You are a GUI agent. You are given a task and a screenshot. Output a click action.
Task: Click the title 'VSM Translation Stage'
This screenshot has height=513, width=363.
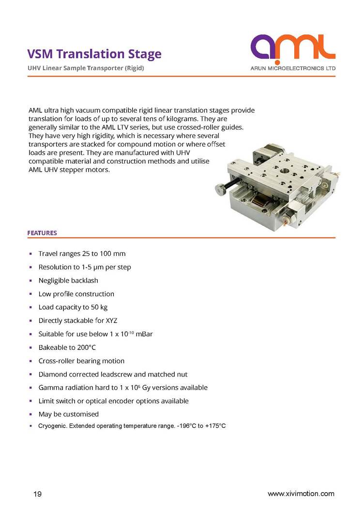(94, 54)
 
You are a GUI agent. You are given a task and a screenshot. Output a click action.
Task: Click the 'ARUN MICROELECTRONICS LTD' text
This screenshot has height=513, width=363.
(293, 69)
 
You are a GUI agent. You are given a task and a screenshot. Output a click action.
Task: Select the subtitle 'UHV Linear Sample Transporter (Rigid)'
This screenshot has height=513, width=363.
(86, 68)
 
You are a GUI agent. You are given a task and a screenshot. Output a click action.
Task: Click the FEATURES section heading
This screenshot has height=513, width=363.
(42, 233)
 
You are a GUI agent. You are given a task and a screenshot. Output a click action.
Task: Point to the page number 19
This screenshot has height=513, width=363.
(37, 494)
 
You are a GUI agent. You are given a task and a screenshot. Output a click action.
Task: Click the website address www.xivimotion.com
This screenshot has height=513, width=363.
(301, 494)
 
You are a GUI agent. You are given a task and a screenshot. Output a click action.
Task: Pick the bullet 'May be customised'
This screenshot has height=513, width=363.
(68, 414)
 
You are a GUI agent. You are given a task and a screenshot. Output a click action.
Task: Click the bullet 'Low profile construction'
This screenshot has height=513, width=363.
(76, 294)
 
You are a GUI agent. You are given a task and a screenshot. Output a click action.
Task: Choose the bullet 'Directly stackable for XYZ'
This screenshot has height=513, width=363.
(77, 320)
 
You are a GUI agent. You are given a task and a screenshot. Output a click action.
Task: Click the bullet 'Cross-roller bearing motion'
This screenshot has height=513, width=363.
(81, 361)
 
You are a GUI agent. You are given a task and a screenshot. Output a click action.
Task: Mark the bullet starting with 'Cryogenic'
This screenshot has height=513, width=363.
(132, 426)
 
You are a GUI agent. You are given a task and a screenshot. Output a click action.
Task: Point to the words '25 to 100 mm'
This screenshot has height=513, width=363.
(105, 254)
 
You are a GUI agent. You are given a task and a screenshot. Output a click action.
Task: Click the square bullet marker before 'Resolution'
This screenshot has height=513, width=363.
(30, 267)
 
